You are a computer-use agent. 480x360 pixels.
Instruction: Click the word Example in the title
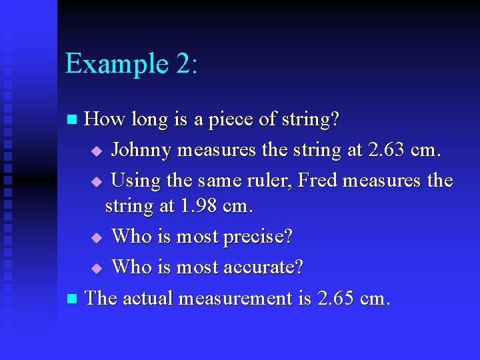pyautogui.click(x=108, y=65)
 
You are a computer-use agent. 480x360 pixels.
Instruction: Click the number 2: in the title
pyautogui.click(x=179, y=63)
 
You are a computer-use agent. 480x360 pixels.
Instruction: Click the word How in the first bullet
pyautogui.click(x=104, y=120)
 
